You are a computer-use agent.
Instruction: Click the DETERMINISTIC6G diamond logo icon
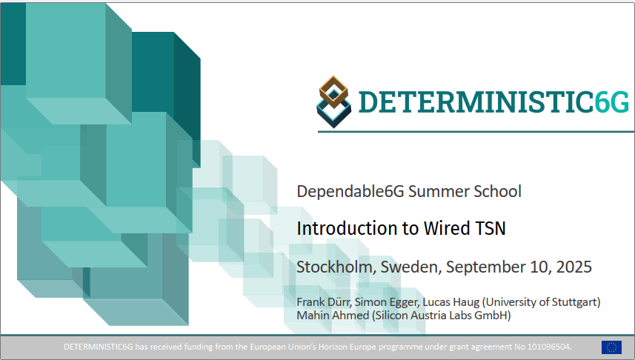click(x=333, y=101)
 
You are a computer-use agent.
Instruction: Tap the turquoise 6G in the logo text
click(x=611, y=102)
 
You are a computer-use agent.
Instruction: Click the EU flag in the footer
click(x=611, y=347)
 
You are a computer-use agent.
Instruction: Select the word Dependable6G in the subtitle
click(x=350, y=192)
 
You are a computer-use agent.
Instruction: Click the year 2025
click(x=574, y=267)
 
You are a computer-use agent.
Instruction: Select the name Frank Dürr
click(x=324, y=302)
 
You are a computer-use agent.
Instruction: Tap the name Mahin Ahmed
click(x=333, y=315)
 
